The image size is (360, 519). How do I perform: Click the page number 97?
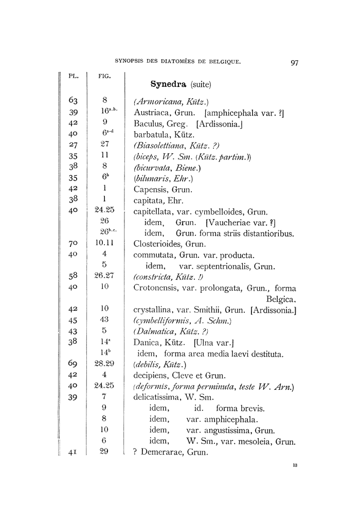tap(294, 63)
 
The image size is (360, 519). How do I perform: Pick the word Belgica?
tap(281, 299)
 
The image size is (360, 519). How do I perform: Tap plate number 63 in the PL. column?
tap(73, 101)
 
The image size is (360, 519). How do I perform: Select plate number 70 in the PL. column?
tap(73, 244)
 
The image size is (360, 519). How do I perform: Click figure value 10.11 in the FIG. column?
tap(104, 243)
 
